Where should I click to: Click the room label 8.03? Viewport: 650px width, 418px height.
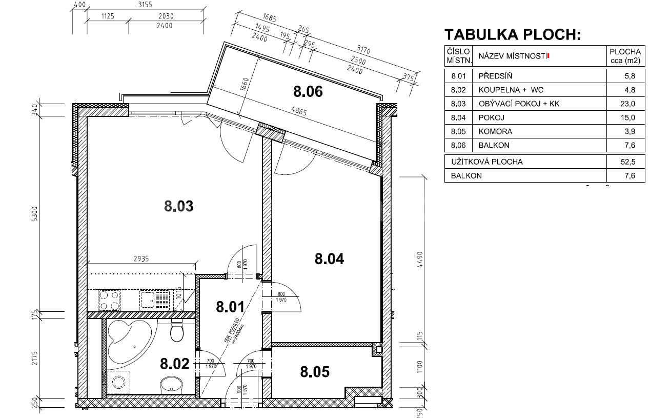[178, 206]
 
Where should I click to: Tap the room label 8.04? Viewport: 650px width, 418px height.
[329, 258]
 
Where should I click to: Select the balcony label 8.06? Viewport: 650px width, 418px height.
[308, 92]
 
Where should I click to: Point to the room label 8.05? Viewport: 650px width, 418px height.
[315, 371]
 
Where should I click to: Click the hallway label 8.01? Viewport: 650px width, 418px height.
[230, 307]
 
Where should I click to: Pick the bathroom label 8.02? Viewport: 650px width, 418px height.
[175, 364]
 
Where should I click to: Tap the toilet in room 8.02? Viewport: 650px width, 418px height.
[177, 332]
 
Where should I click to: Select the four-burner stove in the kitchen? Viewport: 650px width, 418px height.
[109, 300]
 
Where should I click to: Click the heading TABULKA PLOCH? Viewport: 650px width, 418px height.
[512, 34]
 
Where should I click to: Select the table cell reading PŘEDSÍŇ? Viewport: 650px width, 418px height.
[495, 76]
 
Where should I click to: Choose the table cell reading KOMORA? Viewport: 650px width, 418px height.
[495, 131]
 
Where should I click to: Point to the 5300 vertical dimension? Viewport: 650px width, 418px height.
[34, 213]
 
